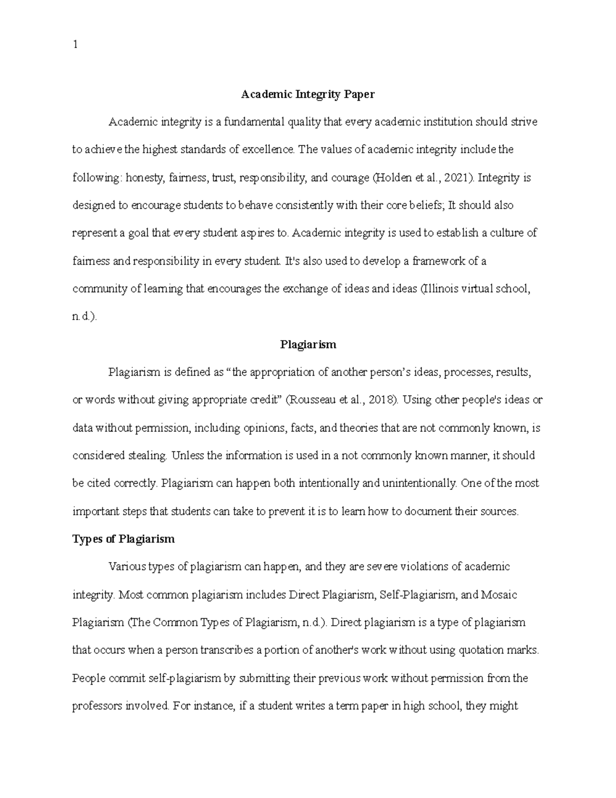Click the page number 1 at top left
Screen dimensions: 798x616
pos(75,45)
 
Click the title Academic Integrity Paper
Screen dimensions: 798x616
pos(308,94)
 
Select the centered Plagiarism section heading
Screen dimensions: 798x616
pos(308,344)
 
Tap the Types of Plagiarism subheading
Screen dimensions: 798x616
pos(123,539)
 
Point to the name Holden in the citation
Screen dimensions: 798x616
pos(390,178)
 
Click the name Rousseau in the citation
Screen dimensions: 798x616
pos(312,400)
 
